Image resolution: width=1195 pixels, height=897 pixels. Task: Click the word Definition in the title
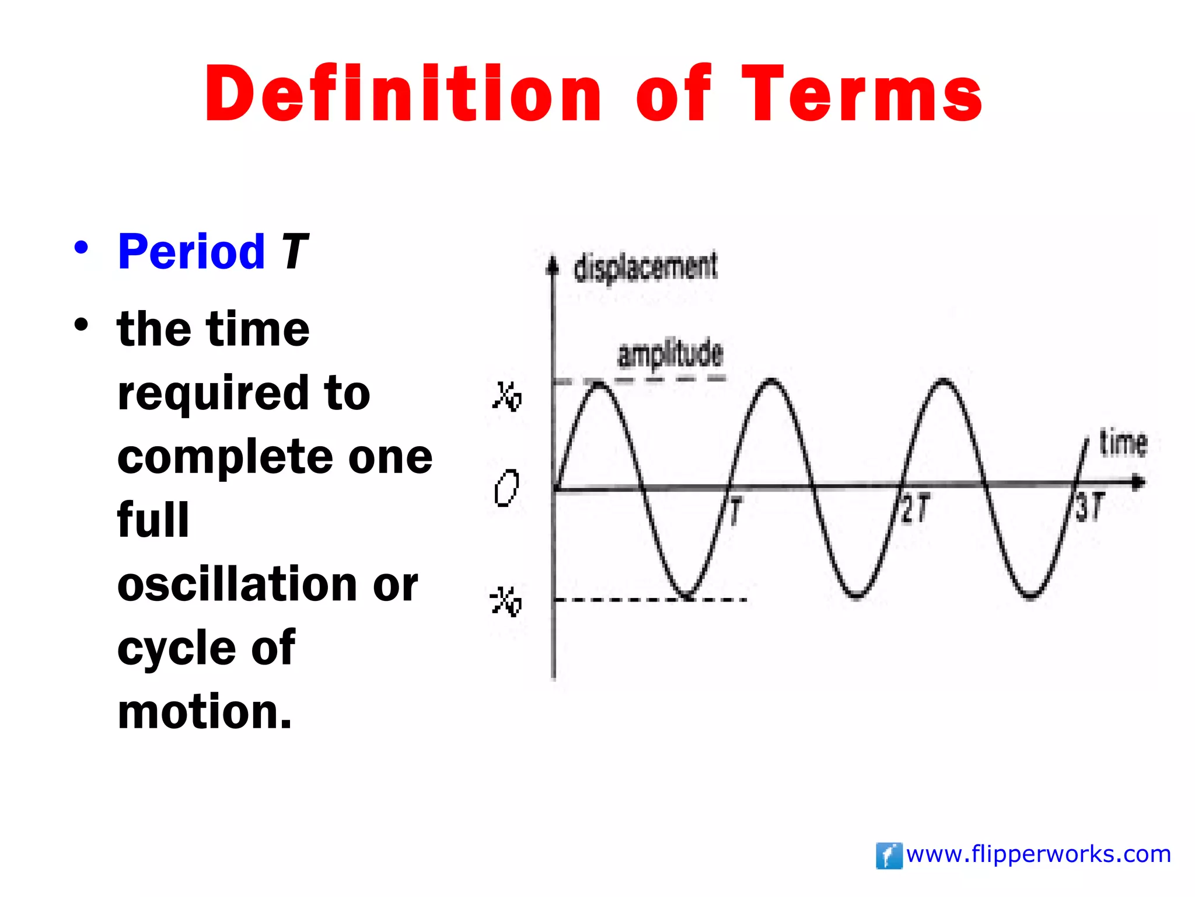tap(403, 93)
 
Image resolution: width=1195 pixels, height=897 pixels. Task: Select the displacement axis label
tap(646, 267)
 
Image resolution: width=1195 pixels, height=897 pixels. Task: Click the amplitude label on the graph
tap(670, 354)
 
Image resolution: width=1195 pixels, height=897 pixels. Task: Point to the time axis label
tap(1123, 443)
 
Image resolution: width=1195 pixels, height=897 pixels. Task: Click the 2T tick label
tap(915, 508)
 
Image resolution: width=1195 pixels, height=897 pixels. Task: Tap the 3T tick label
tap(1089, 507)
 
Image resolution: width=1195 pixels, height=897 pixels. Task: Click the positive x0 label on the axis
tap(506, 397)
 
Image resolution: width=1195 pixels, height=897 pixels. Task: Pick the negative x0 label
tap(505, 602)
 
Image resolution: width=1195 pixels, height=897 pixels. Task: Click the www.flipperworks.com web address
tap(1039, 854)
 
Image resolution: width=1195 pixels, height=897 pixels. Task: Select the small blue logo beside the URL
tap(889, 856)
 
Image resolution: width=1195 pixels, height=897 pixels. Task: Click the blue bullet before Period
tap(81, 248)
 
